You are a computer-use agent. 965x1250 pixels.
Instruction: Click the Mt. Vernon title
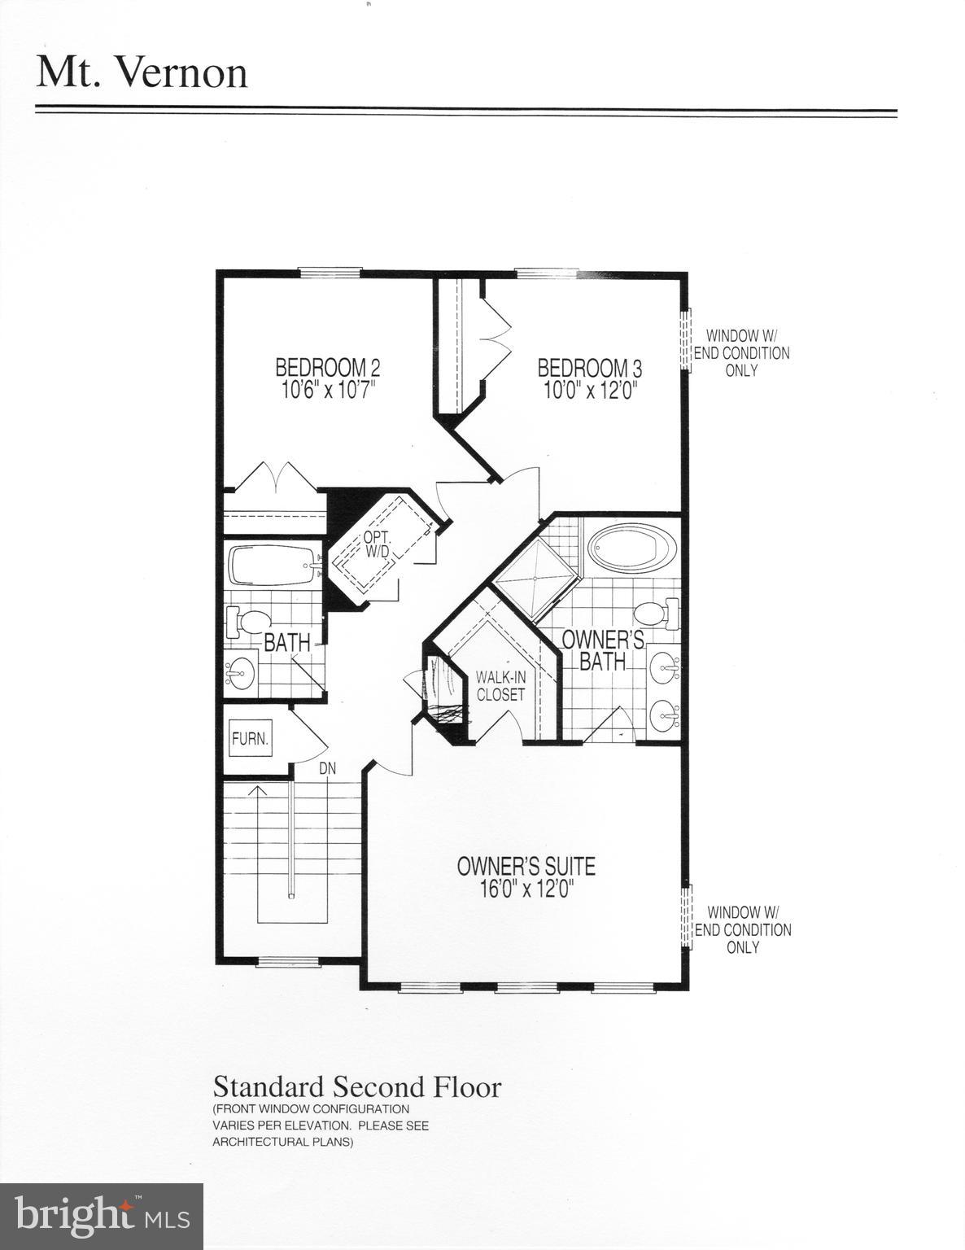(142, 72)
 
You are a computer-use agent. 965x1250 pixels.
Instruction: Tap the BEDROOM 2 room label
(328, 367)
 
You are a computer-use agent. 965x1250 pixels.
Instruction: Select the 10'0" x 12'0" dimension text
(590, 390)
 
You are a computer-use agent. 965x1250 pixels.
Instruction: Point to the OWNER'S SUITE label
(526, 866)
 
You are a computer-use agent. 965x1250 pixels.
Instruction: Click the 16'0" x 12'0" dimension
(526, 889)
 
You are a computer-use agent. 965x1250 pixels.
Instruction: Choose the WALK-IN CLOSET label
(500, 685)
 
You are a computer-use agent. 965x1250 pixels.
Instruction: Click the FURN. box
(250, 740)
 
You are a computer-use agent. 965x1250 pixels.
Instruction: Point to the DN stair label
(327, 768)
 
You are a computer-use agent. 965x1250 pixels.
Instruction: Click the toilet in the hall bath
(247, 623)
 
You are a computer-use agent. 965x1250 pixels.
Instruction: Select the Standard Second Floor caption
(357, 1086)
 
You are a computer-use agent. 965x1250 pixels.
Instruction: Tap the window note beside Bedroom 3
(741, 352)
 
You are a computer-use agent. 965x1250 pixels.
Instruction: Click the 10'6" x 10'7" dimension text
(328, 390)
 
